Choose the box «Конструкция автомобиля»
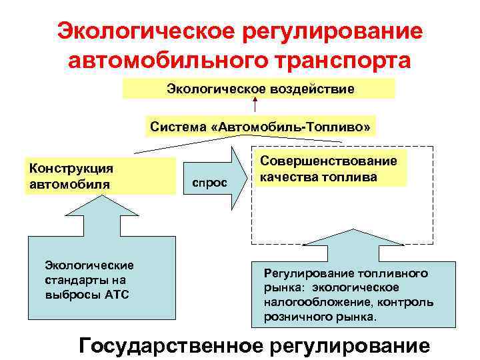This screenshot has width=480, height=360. [100, 176]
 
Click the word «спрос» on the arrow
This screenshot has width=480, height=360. [209, 181]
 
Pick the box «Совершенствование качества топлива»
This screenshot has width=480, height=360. [329, 169]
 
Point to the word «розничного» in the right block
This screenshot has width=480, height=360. [294, 317]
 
